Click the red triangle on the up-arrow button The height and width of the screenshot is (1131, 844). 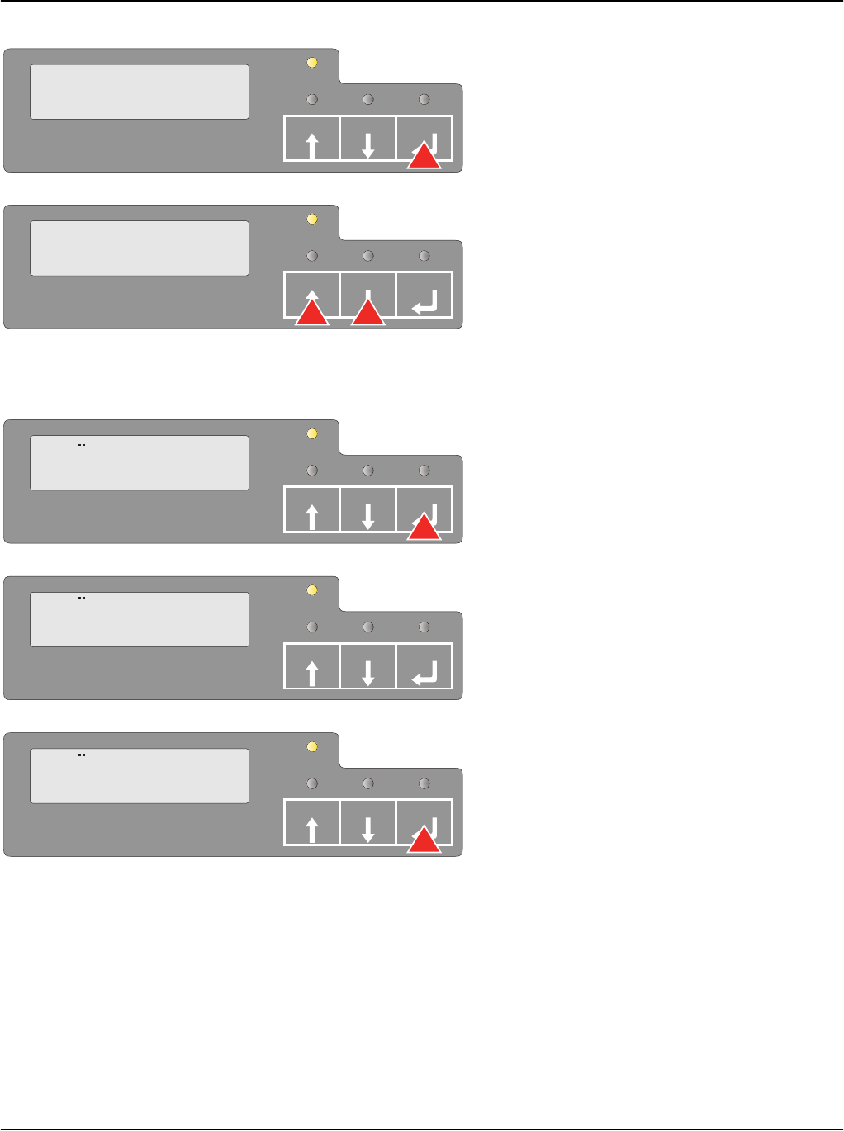[x=312, y=313]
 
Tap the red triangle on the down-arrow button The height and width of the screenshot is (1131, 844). [x=368, y=313]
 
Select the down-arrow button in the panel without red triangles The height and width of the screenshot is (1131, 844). [x=368, y=665]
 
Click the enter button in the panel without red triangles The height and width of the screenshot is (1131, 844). [x=424, y=665]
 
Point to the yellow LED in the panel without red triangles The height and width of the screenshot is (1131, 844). [x=312, y=590]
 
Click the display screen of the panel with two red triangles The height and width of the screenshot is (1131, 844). [x=140, y=248]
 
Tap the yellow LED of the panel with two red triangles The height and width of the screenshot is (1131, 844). [x=312, y=219]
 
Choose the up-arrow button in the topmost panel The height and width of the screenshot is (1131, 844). [x=312, y=139]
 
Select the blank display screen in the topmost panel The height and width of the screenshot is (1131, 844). [x=140, y=92]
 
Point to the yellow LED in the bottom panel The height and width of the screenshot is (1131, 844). [x=312, y=746]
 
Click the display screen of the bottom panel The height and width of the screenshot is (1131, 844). [x=140, y=776]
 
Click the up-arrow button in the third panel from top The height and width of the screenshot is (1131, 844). [x=312, y=509]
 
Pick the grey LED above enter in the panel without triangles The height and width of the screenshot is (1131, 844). [x=424, y=627]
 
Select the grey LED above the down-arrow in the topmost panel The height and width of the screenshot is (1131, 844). [x=368, y=99]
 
